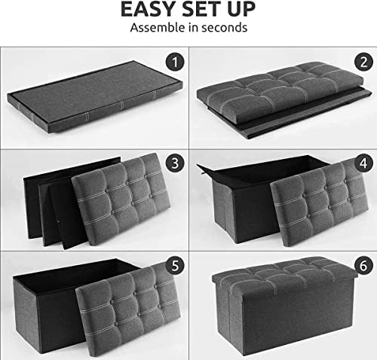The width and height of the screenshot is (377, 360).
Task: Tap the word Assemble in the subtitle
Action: (157, 29)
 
